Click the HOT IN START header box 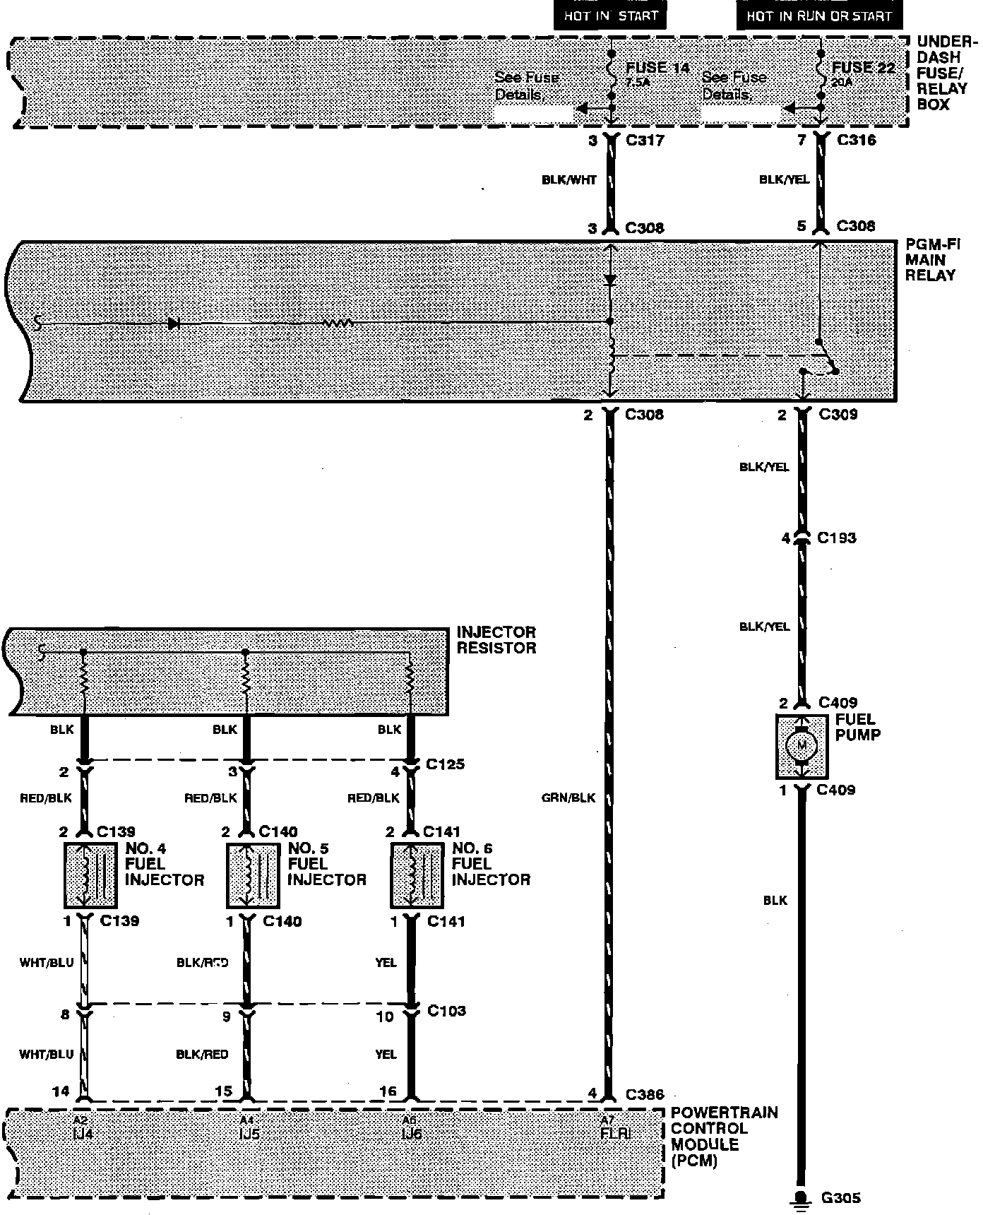coord(610,16)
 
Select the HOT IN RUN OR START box coord(819,16)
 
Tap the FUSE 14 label coord(657,68)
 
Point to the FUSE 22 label coord(863,68)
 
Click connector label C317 coord(645,140)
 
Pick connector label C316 coord(856,140)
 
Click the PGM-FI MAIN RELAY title coord(932,260)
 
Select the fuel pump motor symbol coord(802,744)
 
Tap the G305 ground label coord(840,1198)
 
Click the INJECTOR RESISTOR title coord(496,640)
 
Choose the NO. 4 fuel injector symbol coord(90,875)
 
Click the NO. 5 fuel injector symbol coord(253,875)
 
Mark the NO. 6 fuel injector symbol coord(417,875)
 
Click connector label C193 coord(836,538)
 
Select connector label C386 coord(645,1094)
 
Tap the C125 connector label coord(446,764)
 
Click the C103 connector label coord(446,1011)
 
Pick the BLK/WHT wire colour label coord(569,180)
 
